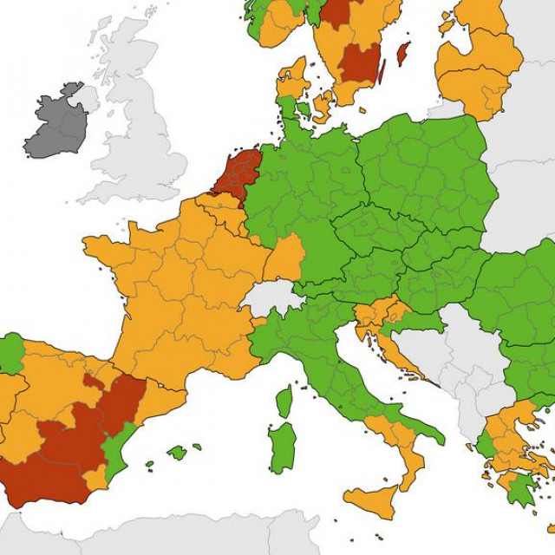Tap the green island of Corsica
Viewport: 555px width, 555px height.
[x=284, y=402]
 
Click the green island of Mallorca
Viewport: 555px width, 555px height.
[x=177, y=452]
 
